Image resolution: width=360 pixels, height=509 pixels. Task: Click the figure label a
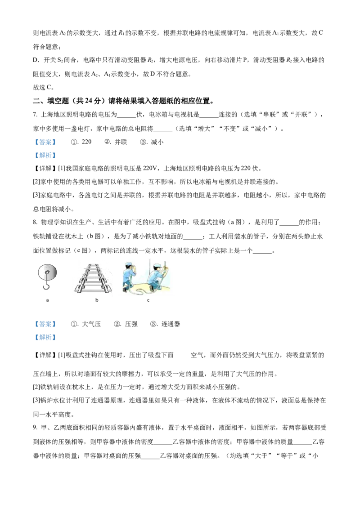click(47, 300)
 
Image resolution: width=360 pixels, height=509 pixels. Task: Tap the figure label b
click(97, 300)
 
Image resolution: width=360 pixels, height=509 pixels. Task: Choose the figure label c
click(148, 300)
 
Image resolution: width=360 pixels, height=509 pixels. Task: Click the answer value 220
click(86, 142)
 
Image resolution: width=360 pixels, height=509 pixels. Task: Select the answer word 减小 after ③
click(157, 142)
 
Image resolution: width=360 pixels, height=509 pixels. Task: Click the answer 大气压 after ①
click(91, 324)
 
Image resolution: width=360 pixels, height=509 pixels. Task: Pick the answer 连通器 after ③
click(171, 324)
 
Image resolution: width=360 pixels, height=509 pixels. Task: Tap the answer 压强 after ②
click(131, 324)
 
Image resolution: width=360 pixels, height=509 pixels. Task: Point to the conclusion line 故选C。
click(44, 87)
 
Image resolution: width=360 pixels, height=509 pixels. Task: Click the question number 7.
click(35, 115)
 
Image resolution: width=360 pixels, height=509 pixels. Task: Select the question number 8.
click(35, 223)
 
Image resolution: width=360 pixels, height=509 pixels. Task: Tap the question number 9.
click(35, 428)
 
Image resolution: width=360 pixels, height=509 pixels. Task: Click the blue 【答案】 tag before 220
click(45, 142)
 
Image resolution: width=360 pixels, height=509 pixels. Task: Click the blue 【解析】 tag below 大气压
click(45, 338)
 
